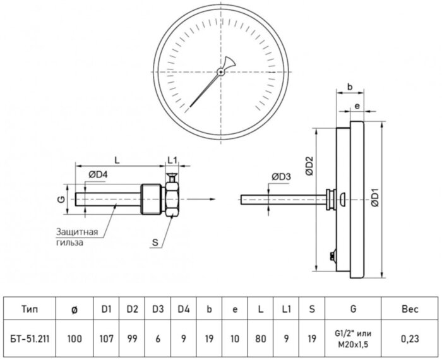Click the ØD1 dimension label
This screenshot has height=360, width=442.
(x=374, y=198)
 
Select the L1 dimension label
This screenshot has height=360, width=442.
(x=172, y=159)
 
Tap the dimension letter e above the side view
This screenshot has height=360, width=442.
(x=357, y=107)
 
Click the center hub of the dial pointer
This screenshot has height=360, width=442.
(x=220, y=72)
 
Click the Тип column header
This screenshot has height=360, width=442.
(x=29, y=309)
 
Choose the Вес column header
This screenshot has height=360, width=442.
(x=410, y=309)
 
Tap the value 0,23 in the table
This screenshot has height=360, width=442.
(x=410, y=339)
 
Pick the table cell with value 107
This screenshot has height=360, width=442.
(x=107, y=339)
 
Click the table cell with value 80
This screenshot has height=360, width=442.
(x=260, y=339)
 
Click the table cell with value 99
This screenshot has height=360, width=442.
(x=133, y=339)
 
